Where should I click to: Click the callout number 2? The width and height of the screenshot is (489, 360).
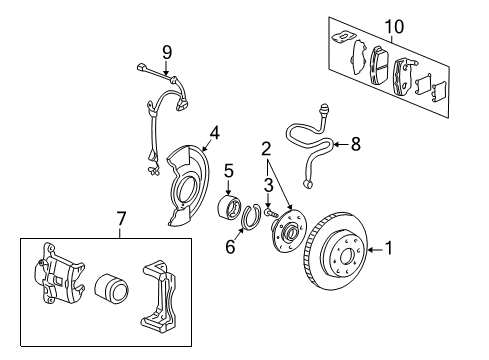(266, 149)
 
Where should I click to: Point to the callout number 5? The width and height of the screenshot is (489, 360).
(229, 170)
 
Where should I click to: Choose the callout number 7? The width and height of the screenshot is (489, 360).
(122, 217)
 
